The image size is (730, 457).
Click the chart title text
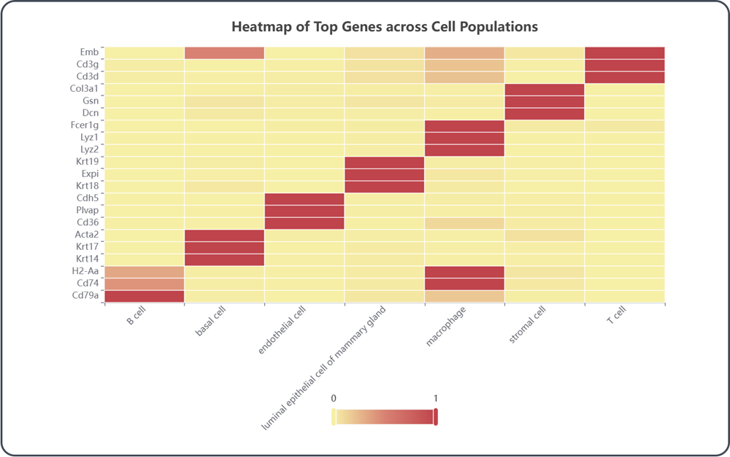click(x=385, y=27)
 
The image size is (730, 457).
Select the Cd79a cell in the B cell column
click(x=145, y=296)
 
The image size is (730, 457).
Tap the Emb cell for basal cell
click(x=224, y=52)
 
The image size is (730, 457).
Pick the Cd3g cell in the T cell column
click(x=624, y=65)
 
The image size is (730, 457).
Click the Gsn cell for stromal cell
click(x=544, y=101)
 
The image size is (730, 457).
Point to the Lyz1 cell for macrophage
click(x=464, y=138)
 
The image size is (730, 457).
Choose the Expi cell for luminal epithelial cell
click(x=384, y=174)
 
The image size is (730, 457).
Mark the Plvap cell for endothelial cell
click(x=304, y=211)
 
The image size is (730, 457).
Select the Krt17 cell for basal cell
click(x=224, y=247)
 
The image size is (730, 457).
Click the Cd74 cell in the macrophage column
click(x=464, y=284)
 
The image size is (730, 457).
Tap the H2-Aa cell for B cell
click(x=145, y=271)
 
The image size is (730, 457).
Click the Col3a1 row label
click(x=83, y=89)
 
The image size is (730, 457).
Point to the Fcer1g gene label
click(x=83, y=125)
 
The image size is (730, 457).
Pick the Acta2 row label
click(x=85, y=235)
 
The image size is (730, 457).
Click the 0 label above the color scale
click(x=334, y=399)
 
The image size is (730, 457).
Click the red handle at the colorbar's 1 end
click(x=436, y=416)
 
